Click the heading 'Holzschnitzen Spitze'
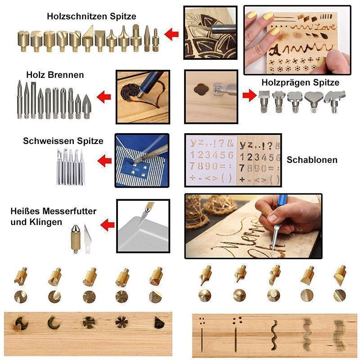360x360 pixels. point(91,17)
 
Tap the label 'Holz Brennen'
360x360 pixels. point(55,75)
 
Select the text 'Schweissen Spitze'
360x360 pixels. point(63,141)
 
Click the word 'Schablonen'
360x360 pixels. point(312,160)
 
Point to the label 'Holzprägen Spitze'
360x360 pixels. point(300,82)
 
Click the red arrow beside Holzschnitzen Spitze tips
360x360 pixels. point(171,34)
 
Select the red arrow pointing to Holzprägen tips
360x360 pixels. point(249,95)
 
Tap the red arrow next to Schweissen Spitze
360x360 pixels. point(105,160)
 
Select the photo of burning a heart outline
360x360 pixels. point(143,96)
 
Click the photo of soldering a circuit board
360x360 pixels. point(142,160)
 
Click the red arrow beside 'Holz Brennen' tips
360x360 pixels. point(104,96)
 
